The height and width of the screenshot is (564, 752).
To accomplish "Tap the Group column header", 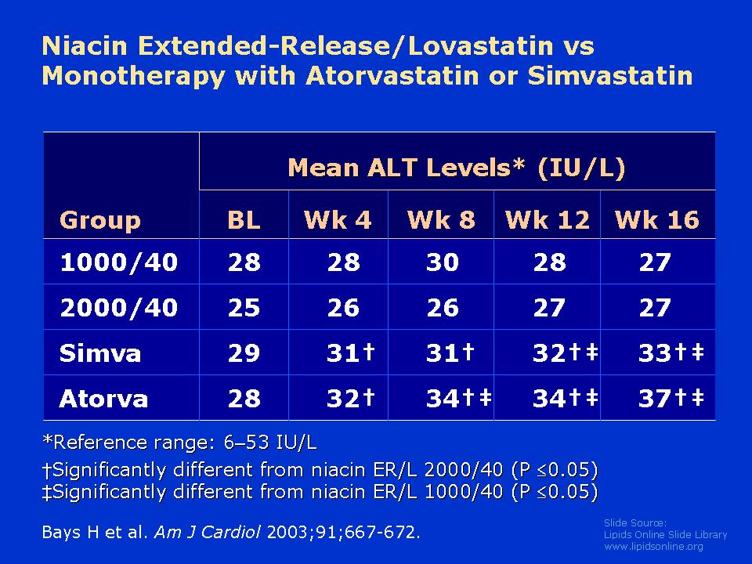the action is pos(100,221).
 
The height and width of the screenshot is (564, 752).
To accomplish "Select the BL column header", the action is pos(244,220).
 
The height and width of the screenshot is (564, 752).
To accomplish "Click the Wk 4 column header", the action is pos(338,220).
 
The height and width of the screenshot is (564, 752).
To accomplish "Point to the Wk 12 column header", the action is pos(548,220).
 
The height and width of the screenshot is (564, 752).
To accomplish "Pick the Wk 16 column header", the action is pos(657,220).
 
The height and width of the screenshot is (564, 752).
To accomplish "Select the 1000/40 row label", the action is pos(119,262).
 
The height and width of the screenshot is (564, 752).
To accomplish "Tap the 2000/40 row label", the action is pos(119,307).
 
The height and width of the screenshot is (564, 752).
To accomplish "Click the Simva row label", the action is pos(100,353).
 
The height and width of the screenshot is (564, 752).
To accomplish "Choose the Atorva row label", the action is pos(103,399).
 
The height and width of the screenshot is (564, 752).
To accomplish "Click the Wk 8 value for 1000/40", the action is pos(442,262).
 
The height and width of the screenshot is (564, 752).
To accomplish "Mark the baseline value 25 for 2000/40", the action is pos(244,307).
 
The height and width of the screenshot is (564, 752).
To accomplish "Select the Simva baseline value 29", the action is pos(244,353).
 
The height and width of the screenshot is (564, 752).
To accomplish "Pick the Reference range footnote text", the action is pos(180,442).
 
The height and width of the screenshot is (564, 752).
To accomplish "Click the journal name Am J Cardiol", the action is pos(208,533).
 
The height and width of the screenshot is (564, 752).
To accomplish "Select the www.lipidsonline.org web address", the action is pos(653,547).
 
